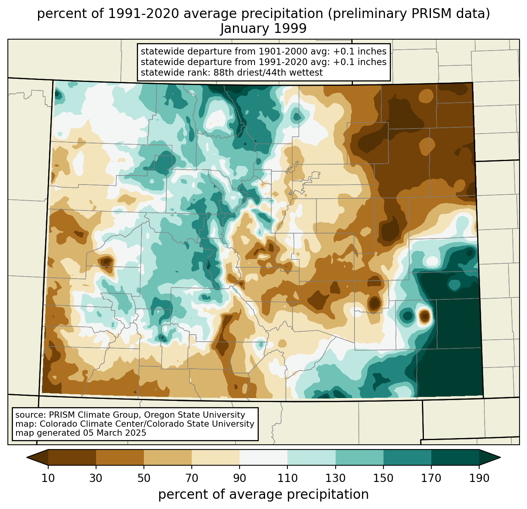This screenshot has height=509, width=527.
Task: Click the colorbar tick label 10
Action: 48,478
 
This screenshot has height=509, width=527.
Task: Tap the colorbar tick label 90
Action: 240,478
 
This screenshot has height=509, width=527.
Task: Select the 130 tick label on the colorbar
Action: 335,478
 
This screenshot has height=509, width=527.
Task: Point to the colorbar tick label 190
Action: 479,478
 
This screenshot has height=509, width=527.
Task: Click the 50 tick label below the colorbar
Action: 144,478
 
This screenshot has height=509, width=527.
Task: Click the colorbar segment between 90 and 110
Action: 263,457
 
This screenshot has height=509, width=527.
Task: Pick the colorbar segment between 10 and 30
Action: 72,457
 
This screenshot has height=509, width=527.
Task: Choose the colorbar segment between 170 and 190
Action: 455,457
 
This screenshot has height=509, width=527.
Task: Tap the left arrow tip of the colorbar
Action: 27,457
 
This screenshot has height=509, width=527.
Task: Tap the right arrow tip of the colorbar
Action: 500,457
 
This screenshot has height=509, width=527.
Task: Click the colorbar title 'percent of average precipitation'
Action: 263,495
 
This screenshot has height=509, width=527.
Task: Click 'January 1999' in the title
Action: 263,28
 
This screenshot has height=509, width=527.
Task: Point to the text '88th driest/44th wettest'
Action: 268,72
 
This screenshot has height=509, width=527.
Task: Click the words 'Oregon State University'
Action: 194,415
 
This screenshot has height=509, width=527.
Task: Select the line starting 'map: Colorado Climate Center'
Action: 134,424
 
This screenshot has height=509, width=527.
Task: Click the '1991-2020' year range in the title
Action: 143,14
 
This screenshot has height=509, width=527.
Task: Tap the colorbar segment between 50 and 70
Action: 168,457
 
